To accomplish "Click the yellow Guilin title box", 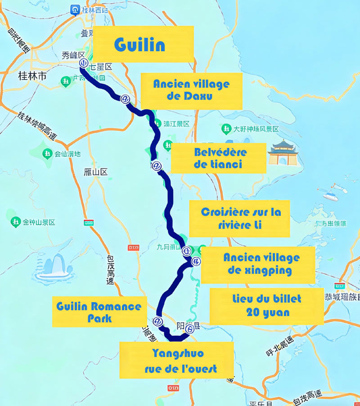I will (143, 44).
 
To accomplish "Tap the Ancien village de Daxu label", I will (191, 91).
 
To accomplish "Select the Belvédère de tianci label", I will (218, 158).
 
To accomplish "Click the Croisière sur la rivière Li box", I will (239, 219).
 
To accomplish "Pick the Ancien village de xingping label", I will (258, 264).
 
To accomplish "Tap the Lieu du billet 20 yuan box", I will (266, 306).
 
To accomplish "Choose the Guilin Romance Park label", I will (99, 312).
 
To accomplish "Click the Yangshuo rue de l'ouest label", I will (176, 360).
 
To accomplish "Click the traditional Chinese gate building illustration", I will (286, 152).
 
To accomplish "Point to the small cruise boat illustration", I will (331, 194).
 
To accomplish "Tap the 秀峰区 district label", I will (73, 56).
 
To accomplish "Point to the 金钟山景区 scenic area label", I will (39, 222).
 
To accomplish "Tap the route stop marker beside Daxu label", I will (126, 99).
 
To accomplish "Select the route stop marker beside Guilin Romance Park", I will (157, 321).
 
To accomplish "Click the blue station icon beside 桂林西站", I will (75, 9).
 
